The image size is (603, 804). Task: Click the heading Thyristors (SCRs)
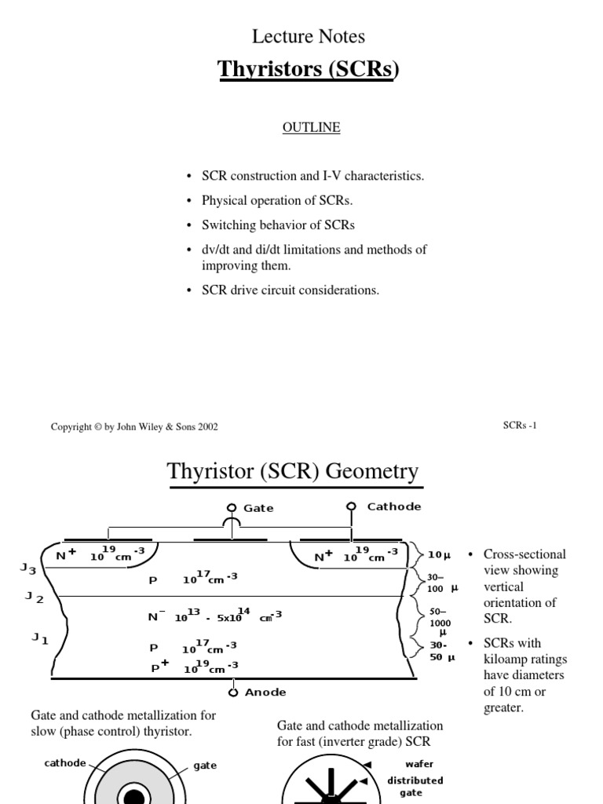(308, 70)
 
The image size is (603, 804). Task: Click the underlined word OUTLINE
(312, 127)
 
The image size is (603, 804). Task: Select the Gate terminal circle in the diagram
(232, 507)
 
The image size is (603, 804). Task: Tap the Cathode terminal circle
(351, 506)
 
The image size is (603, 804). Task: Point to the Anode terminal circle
(233, 692)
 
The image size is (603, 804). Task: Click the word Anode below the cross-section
(265, 693)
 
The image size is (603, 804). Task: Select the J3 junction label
(28, 568)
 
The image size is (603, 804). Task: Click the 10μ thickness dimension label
(439, 554)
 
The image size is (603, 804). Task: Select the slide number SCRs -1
(520, 426)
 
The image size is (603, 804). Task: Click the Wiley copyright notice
(134, 427)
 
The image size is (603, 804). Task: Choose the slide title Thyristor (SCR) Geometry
(293, 472)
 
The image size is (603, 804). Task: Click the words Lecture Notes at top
(309, 36)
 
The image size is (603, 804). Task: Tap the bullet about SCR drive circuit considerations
(290, 291)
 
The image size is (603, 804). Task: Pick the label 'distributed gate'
(415, 787)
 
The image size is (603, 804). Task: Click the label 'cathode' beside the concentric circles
(65, 762)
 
